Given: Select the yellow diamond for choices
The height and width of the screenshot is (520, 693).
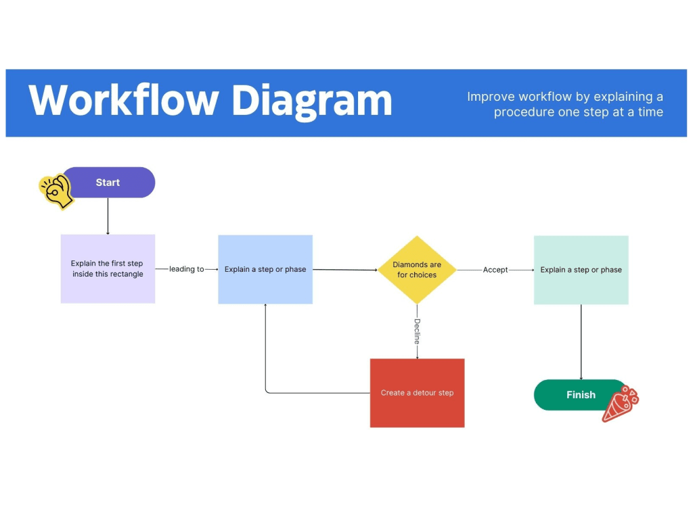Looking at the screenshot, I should click(417, 270).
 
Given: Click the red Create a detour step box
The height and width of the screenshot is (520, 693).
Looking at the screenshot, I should click(417, 393).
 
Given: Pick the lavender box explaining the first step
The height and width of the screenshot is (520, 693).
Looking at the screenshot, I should click(108, 269).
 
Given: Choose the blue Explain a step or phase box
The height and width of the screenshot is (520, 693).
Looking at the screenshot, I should click(265, 269).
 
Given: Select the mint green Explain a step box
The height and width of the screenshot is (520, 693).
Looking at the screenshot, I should click(581, 270).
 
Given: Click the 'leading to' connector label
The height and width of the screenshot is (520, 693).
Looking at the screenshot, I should click(186, 269).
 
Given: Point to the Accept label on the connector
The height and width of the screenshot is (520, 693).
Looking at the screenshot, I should click(495, 270).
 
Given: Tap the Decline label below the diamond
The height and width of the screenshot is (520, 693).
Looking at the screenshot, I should click(418, 331).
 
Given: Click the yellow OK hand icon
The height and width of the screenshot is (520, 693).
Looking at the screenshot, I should click(55, 191).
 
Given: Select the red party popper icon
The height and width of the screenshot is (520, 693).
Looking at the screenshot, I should click(620, 404).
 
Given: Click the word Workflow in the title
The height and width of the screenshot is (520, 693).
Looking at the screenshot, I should click(124, 101).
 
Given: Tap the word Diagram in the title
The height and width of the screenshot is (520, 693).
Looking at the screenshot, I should click(312, 101).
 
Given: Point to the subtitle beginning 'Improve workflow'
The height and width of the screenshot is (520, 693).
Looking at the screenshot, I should click(565, 104).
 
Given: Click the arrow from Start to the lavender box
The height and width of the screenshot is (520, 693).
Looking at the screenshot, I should click(108, 216).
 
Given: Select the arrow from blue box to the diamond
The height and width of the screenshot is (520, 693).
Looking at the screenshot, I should click(345, 270).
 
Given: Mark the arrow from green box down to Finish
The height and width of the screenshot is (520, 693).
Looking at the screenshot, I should click(581, 341).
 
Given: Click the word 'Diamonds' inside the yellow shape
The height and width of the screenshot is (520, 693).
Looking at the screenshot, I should click(417, 264).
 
